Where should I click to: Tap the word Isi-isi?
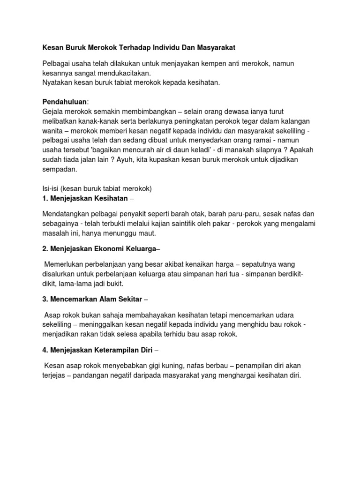(52, 188)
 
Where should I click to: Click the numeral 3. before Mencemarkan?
(45, 299)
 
